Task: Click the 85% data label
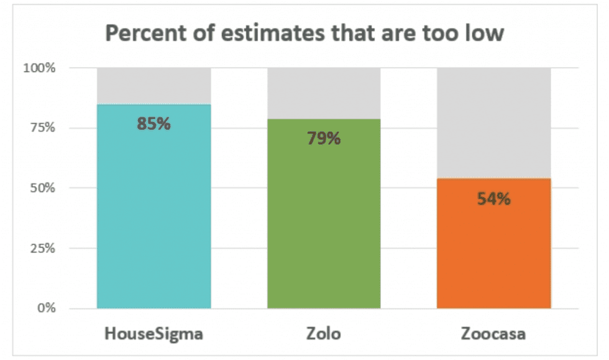[x=153, y=123]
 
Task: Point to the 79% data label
[x=324, y=138]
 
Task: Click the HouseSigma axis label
[x=153, y=333]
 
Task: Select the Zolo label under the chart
[x=324, y=333]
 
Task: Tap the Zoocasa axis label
[x=493, y=333]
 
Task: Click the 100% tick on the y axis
[x=40, y=68]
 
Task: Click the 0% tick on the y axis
[x=45, y=308]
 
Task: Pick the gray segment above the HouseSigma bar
[x=153, y=85]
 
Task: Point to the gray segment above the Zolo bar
[x=324, y=93]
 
